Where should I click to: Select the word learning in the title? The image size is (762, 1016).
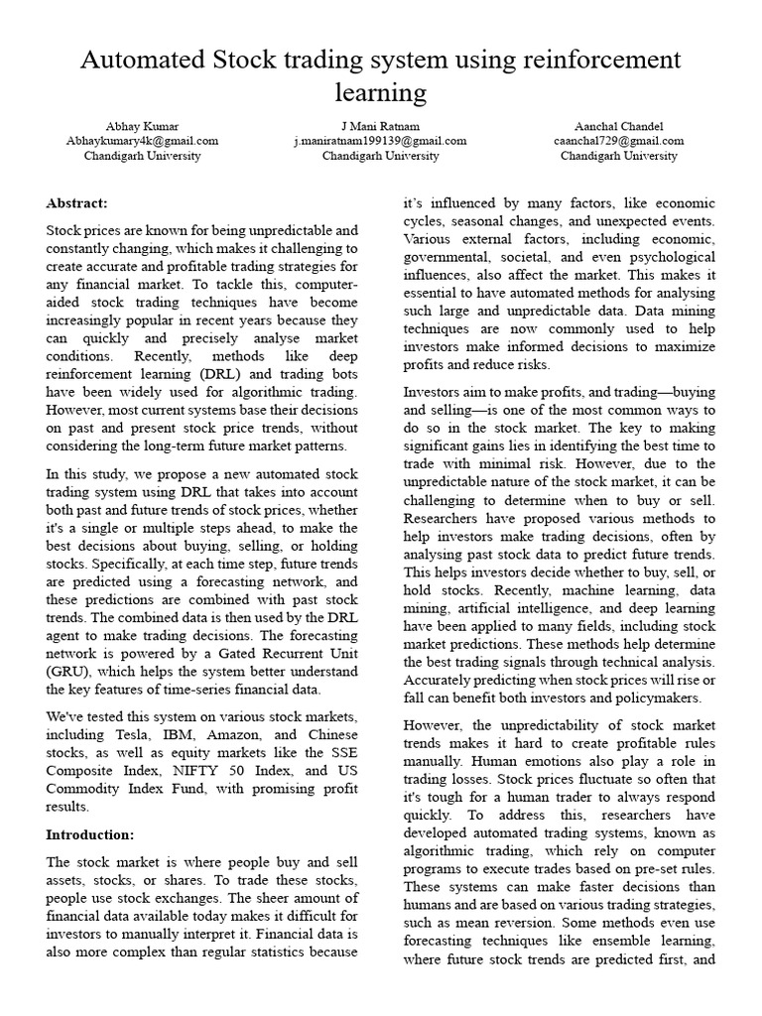pyautogui.click(x=381, y=93)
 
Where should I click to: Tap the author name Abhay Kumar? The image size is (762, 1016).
pyautogui.click(x=142, y=126)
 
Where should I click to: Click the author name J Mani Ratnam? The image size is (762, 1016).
pyautogui.click(x=380, y=126)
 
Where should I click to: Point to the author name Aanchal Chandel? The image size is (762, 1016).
pyautogui.click(x=618, y=126)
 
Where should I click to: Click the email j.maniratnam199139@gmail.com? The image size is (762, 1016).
pyautogui.click(x=380, y=141)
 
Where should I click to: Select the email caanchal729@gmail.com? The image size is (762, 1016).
pyautogui.click(x=618, y=141)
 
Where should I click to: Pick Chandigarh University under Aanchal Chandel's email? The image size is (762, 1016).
pyautogui.click(x=618, y=156)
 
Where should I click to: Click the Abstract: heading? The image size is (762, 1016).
pyautogui.click(x=76, y=202)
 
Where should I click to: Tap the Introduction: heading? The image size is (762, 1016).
pyautogui.click(x=89, y=834)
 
